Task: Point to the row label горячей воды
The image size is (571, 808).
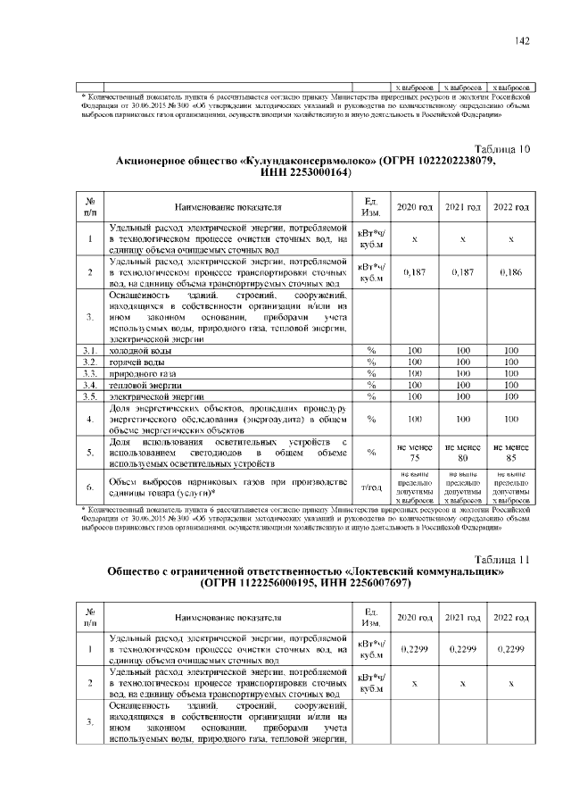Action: click(134, 362)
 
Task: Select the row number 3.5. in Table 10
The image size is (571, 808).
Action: click(89, 395)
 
